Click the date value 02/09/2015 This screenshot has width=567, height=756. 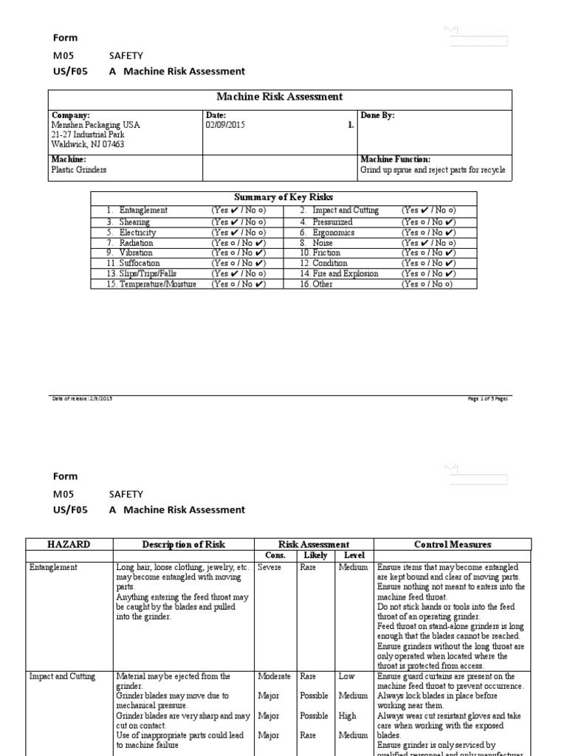227,126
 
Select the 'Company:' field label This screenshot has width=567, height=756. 70,116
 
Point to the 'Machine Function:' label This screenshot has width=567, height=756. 395,159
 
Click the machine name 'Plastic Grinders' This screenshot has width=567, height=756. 78,170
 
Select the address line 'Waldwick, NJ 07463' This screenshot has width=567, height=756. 87,145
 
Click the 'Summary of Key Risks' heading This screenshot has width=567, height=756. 283,197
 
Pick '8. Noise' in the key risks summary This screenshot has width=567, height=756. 316,243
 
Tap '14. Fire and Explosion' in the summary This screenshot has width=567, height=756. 339,274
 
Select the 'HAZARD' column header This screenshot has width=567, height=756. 69,545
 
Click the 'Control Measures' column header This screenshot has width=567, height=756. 453,545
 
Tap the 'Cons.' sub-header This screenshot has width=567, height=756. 275,555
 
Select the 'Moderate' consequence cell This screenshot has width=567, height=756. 274,676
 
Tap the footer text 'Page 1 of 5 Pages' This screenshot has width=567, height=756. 488,399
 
